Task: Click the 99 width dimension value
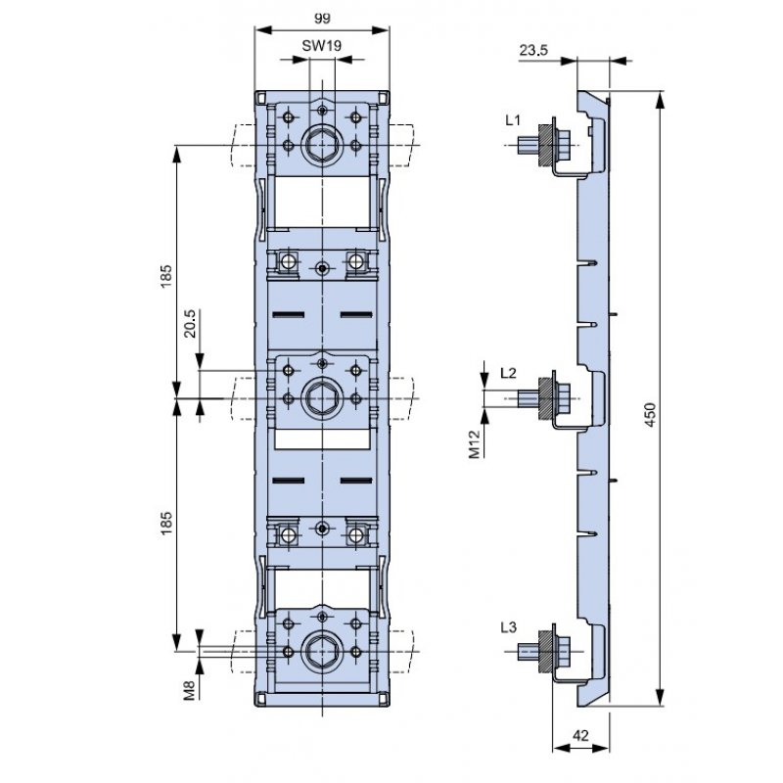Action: pos(322,19)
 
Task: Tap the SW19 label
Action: pos(322,46)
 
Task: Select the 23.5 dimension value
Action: pos(533,50)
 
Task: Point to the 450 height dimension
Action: pos(650,414)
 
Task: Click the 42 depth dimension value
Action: pos(580,736)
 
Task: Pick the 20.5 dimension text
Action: pos(190,324)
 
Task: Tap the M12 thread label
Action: pos(475,444)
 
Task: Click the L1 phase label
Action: pos(512,120)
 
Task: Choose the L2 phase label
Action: pos(508,373)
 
